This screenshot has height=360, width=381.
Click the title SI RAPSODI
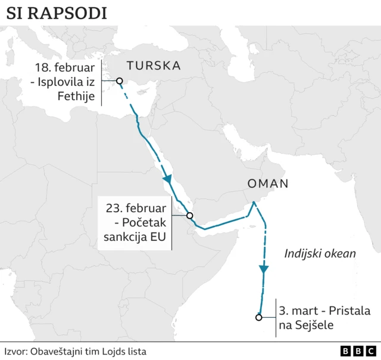pyautogui.click(x=57, y=13)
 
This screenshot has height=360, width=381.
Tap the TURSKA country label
pyautogui.click(x=153, y=66)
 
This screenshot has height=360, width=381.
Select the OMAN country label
pyautogui.click(x=268, y=184)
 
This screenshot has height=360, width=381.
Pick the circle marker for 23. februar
pyautogui.click(x=189, y=216)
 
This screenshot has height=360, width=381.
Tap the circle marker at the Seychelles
pyautogui.click(x=258, y=318)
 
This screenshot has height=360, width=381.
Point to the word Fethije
pyautogui.click(x=79, y=95)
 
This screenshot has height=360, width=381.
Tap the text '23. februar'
pyautogui.click(x=136, y=209)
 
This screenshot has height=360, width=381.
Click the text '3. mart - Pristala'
pyautogui.click(x=324, y=311)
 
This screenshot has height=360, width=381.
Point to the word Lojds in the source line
pyautogui.click(x=117, y=352)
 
